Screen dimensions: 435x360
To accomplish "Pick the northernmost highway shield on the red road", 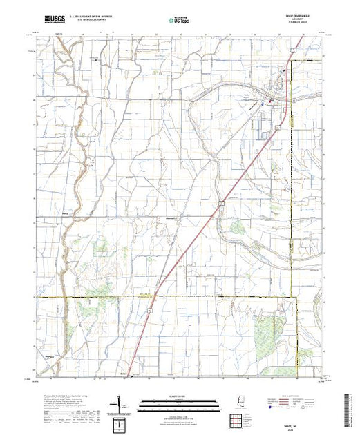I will click(x=293, y=50).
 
